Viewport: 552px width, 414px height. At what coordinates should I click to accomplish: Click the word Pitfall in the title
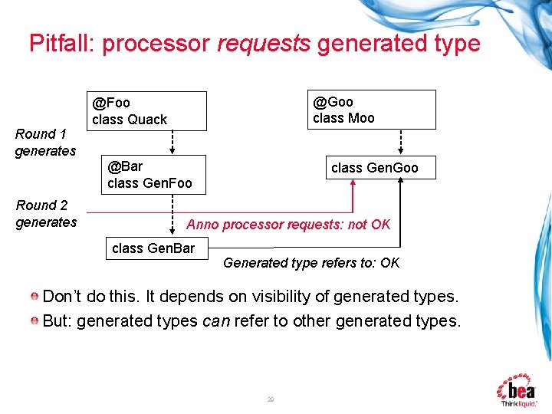coord(60,43)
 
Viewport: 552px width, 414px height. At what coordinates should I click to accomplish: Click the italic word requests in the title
coord(264,44)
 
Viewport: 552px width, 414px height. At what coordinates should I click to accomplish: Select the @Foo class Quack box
coord(149,110)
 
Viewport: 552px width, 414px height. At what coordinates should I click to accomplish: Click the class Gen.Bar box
coord(154,248)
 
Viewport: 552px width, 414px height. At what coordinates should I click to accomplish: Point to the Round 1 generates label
coord(45,143)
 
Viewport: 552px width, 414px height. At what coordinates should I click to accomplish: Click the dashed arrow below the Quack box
coord(172,142)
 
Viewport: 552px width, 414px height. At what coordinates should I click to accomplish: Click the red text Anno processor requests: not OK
coord(288,225)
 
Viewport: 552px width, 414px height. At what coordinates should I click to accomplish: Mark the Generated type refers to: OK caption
coord(311,263)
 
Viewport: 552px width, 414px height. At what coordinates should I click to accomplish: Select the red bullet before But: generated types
coord(35,320)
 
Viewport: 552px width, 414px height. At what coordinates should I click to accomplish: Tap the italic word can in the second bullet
coord(214,320)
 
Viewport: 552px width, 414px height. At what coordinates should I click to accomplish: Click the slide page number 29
coord(271,399)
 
